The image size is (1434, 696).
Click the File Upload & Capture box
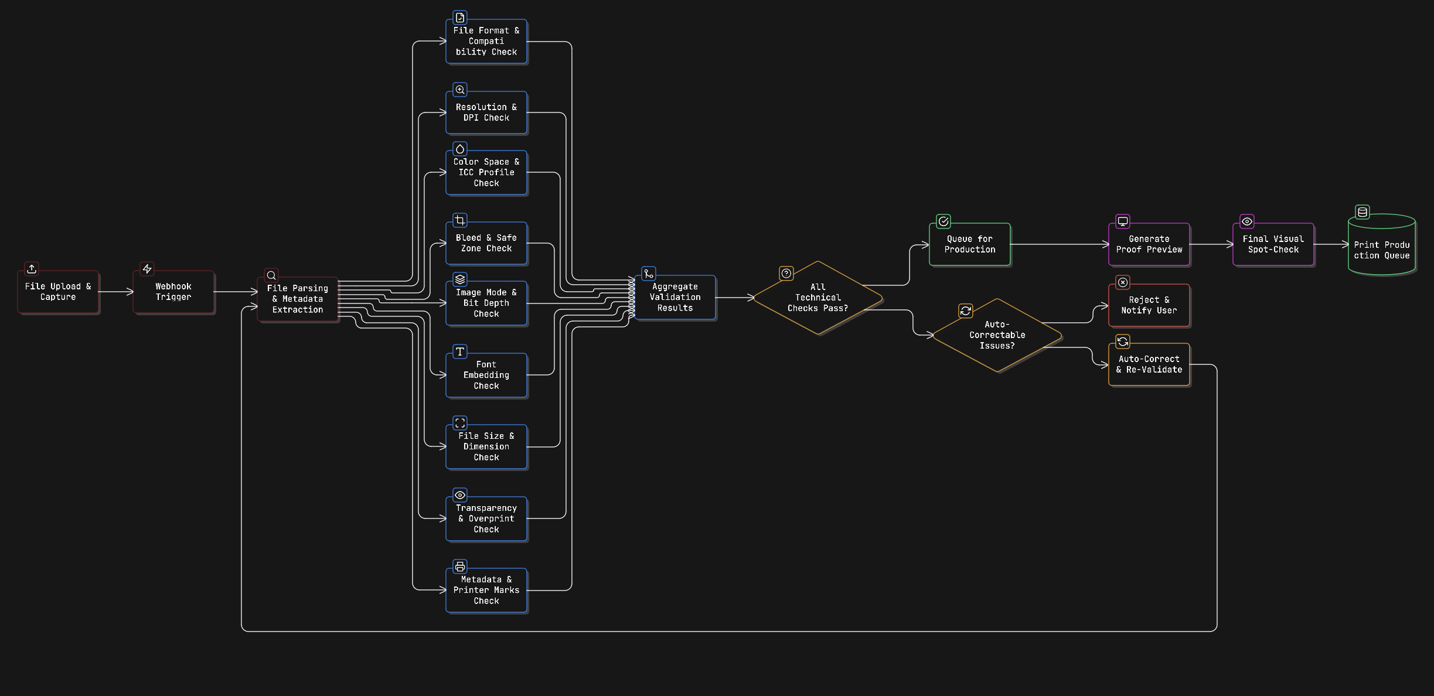pos(58,292)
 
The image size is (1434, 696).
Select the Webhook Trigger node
pos(173,292)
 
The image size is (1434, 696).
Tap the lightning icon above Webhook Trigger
pos(147,269)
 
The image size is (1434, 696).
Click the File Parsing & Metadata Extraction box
pos(298,299)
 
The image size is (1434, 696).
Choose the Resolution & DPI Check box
pos(486,112)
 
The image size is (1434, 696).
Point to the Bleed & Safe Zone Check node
pos(486,243)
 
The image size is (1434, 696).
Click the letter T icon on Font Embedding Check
pos(460,352)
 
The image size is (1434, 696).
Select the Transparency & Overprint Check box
pos(486,518)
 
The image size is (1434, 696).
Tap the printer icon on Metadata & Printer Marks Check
pos(460,567)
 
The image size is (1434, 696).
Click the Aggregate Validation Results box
pos(675,297)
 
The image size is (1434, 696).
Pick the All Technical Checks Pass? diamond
pos(818,298)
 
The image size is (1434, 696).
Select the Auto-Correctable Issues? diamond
pos(997,335)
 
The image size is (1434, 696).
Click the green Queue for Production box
pos(970,244)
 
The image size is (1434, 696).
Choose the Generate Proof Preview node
pos(1149,244)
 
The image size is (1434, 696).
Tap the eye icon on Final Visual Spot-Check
pos(1247,221)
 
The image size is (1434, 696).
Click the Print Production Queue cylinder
pos(1381,245)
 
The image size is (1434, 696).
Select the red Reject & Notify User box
pos(1149,305)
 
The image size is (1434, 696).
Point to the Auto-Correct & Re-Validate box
pos(1149,364)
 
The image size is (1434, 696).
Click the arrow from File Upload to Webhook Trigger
pos(115,292)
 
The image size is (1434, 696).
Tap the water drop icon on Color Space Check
pos(460,149)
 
